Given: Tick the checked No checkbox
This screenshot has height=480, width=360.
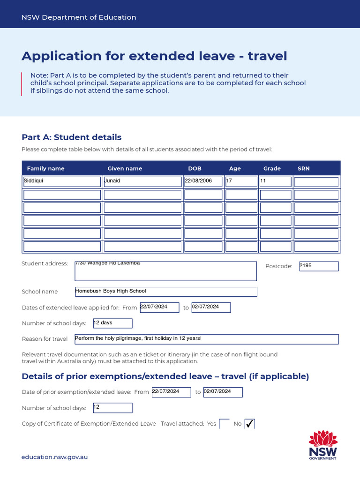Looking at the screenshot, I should tap(249, 424).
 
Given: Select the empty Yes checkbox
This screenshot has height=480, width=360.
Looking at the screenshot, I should tap(224, 424).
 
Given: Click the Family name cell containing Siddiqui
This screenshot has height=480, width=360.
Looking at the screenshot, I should tap(62, 181).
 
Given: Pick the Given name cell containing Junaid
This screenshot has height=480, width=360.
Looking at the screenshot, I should tap(142, 181).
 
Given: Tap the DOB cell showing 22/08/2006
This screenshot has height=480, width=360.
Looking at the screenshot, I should tap(203, 181).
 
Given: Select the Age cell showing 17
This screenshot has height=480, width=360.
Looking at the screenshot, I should tap(241, 181).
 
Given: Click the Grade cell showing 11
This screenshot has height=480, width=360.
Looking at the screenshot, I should tap(275, 181).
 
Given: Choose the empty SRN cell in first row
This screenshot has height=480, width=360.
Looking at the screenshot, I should tap(316, 182).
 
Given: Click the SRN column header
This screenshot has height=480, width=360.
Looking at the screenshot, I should tap(303, 168).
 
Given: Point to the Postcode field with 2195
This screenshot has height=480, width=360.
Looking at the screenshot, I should tap(319, 266).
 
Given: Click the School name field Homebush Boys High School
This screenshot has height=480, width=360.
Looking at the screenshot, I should tap(166, 292).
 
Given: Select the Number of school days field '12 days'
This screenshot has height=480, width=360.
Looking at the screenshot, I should tap(112, 323).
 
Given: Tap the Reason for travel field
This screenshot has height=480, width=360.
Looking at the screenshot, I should tap(206, 339).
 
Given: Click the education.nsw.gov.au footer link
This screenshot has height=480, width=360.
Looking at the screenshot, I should tap(55, 457).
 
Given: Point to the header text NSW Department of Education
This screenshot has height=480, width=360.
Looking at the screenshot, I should tap(79, 17).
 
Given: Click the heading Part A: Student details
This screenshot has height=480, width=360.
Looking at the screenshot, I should tap(71, 137).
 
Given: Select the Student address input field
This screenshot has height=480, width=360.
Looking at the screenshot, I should tap(166, 271).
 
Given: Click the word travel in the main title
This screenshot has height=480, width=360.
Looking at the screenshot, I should tap(267, 56).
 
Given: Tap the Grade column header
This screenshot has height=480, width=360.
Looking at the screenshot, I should tap(272, 168).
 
